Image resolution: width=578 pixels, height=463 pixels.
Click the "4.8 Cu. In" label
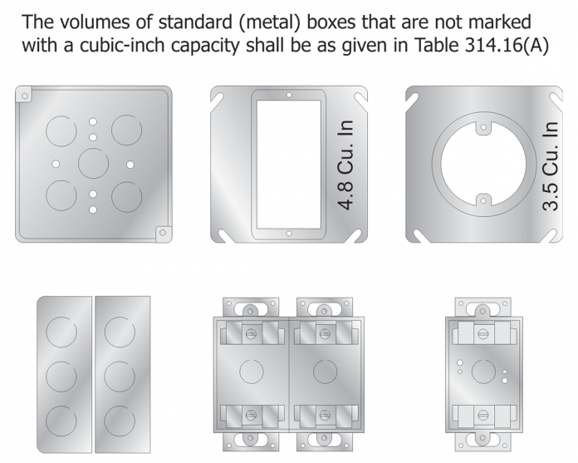click(346, 165)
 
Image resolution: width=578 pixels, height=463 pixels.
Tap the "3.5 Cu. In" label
click(549, 165)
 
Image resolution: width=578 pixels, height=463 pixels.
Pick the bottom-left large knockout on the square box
click(60, 196)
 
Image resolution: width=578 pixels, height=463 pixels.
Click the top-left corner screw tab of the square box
click(24, 95)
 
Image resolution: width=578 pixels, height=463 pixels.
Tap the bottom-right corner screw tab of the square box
click(163, 234)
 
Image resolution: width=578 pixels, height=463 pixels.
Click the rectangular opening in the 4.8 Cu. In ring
click(287, 165)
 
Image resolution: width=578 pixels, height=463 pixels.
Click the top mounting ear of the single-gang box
click(483, 306)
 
